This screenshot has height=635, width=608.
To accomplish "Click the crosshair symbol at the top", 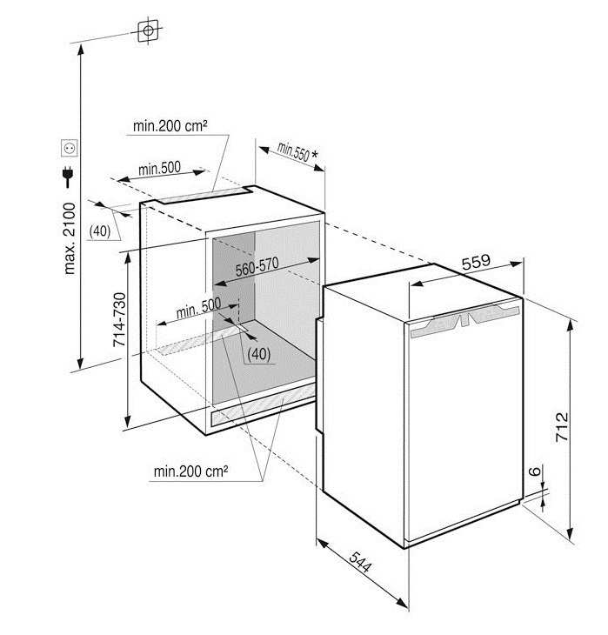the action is [150, 30].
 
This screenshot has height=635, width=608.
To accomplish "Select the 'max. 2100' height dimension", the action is [70, 239].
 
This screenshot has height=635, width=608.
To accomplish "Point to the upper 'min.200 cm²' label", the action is [170, 126].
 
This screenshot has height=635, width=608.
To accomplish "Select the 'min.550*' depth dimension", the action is [295, 151].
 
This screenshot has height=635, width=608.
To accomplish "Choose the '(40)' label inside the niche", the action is [258, 353].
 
